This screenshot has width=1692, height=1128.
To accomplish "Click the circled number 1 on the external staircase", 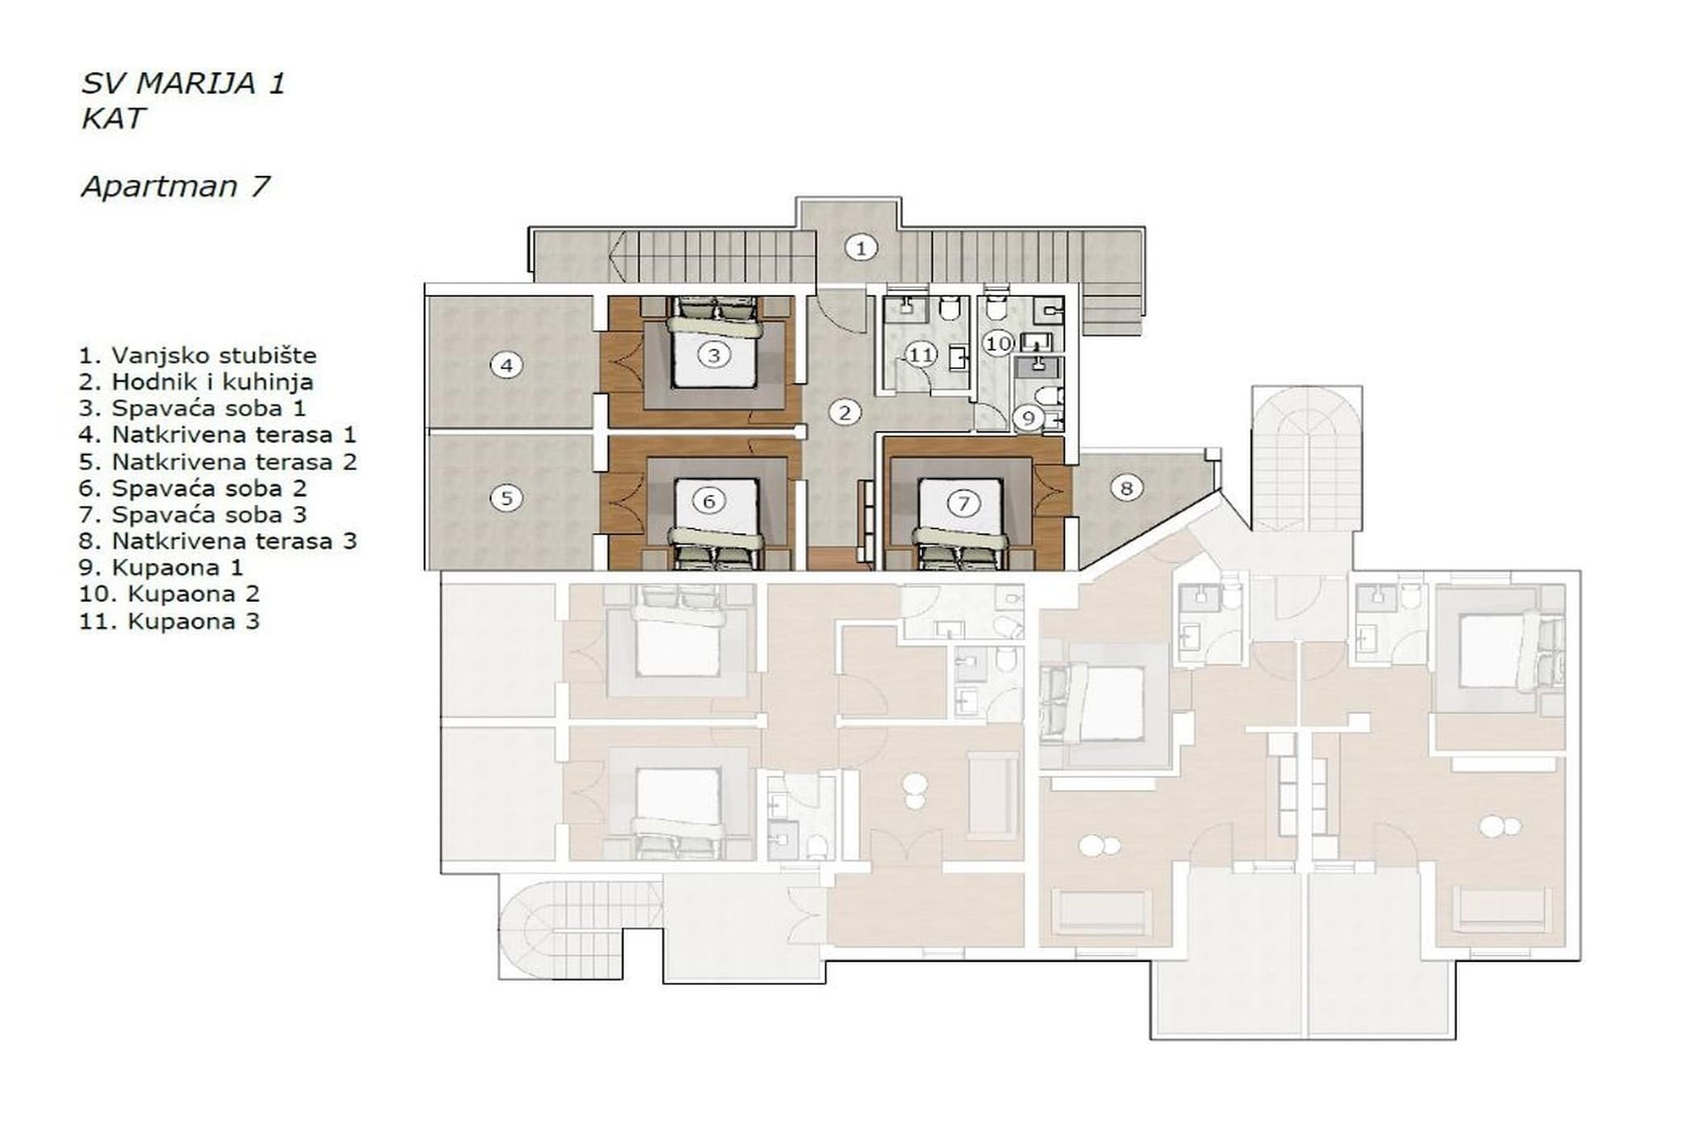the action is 861,247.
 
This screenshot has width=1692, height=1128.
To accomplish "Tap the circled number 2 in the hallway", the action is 844,412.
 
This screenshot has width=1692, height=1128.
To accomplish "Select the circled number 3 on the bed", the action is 714,355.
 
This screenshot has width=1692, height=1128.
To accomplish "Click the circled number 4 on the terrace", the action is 506,364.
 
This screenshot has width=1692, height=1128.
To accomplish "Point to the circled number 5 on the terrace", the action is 506,497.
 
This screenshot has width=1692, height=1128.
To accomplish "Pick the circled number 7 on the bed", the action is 962,502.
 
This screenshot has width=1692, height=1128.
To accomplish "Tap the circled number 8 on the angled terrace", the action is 1126,488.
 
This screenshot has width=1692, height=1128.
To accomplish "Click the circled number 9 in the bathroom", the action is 1029,417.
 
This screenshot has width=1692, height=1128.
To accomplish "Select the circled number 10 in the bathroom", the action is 998,342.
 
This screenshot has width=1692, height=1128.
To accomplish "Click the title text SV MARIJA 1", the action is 183,83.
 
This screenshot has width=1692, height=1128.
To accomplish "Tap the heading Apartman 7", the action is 175,186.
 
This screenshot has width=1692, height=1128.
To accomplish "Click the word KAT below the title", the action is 113,118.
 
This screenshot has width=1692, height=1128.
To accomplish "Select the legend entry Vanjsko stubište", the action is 198,356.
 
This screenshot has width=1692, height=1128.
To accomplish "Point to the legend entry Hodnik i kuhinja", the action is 197,382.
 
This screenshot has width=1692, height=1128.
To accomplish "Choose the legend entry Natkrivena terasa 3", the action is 218,541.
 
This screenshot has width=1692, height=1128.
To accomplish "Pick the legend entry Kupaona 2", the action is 169,594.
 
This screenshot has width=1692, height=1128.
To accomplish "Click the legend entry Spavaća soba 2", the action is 193,488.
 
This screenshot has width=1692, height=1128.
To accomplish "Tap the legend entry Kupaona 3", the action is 169,621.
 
